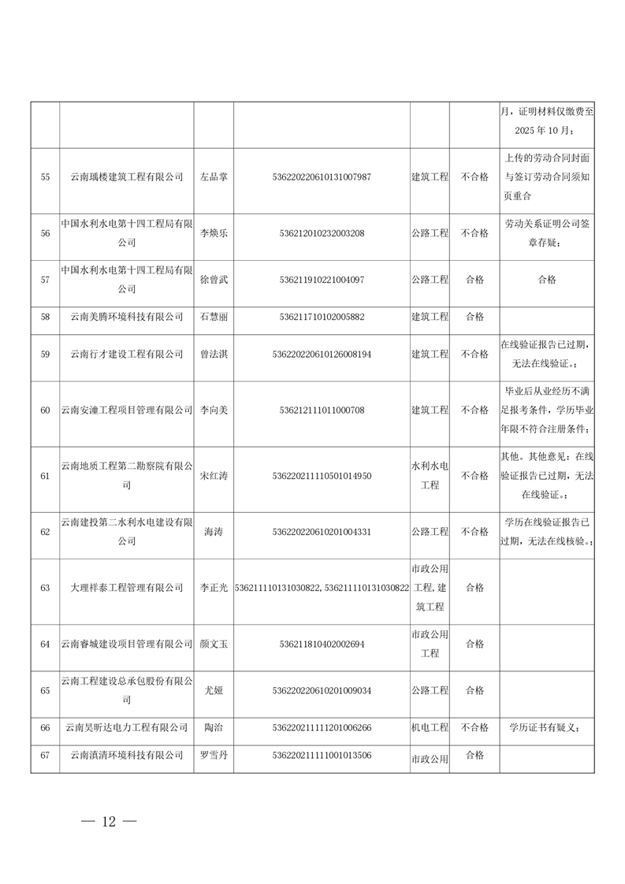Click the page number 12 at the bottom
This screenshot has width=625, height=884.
click(109, 822)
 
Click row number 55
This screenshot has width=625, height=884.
click(45, 176)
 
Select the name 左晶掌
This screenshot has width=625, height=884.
click(213, 176)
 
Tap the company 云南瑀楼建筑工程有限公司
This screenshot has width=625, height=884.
click(126, 176)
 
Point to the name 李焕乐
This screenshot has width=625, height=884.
click(213, 233)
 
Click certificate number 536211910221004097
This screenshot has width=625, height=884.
click(322, 279)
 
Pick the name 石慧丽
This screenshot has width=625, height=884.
click(213, 317)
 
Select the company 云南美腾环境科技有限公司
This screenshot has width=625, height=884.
click(126, 317)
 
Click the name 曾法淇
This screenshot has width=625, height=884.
click(213, 355)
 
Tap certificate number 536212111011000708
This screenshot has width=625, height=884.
click(322, 410)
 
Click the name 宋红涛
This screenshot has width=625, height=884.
click(213, 476)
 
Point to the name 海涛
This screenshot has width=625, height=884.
click(213, 532)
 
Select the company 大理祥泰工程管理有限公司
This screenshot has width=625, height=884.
click(126, 588)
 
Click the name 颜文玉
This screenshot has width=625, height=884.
click(213, 644)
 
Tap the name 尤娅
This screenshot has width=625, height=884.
click(213, 691)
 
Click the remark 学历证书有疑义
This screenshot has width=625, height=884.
click(546, 728)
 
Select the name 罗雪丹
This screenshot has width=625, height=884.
click(213, 756)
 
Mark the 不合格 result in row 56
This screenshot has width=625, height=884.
click(474, 233)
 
